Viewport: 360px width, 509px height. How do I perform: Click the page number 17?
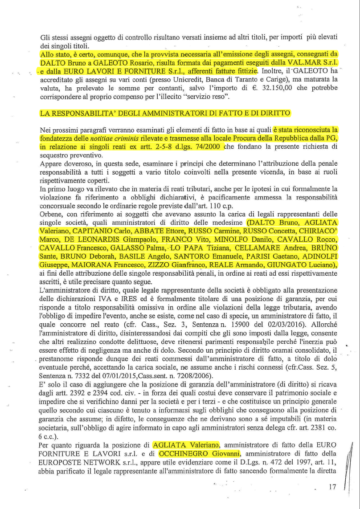(332, 488)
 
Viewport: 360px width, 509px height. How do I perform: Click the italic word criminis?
(144, 138)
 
